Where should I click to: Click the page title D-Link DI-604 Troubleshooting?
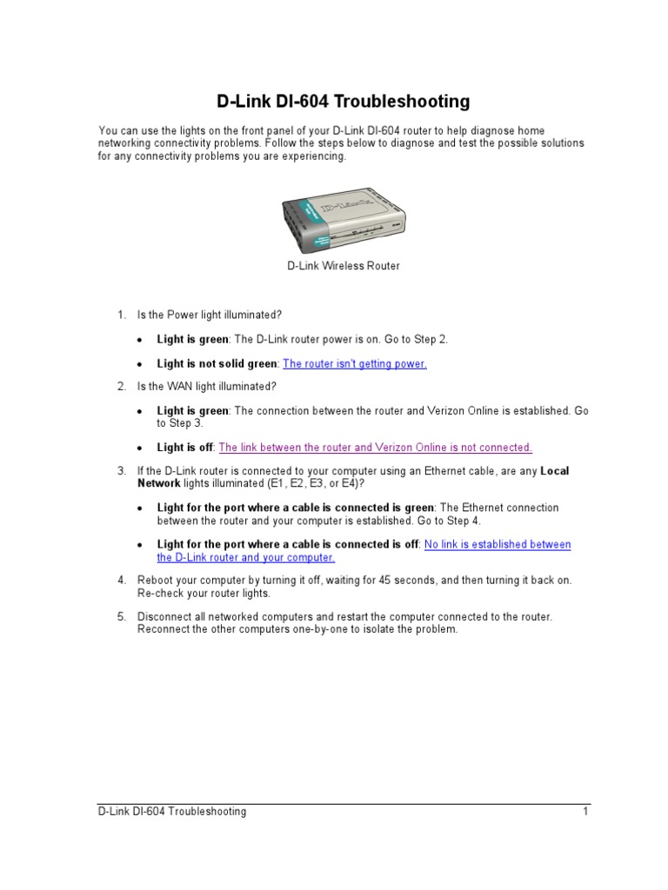343,102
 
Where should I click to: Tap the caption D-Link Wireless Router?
344,266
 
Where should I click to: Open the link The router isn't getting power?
355,364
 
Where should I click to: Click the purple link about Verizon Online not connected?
375,448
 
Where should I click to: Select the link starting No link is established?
497,545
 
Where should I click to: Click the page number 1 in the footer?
586,812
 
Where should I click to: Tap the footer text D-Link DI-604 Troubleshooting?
172,812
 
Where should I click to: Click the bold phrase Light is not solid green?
217,364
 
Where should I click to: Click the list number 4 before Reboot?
122,580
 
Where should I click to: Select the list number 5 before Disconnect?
122,616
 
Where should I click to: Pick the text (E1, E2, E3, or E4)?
309,483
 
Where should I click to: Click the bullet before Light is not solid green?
140,365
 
